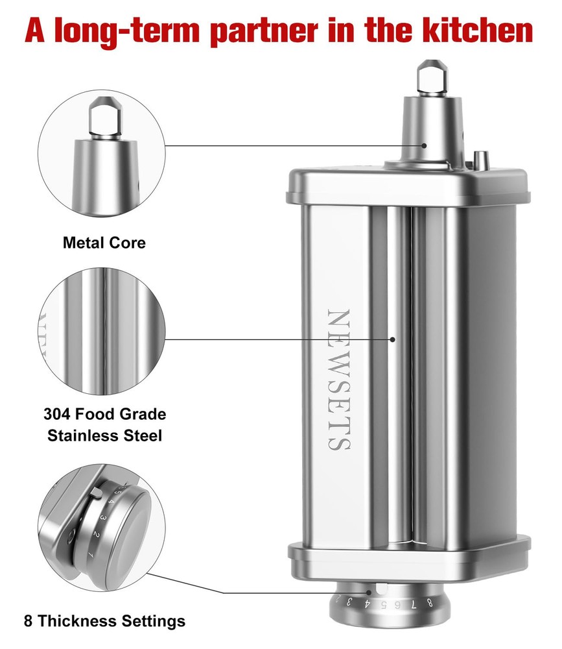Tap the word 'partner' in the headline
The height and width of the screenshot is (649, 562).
pos(264,32)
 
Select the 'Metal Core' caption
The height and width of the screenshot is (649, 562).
pos(104,243)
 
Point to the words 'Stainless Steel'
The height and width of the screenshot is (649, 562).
pos(104,435)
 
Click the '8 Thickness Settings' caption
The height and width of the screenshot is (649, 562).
pos(104,621)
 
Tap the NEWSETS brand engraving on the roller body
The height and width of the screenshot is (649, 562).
pos(338,379)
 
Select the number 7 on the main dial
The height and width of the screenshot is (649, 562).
pos(414,605)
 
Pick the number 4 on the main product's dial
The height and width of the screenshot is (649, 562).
pos(366,604)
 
